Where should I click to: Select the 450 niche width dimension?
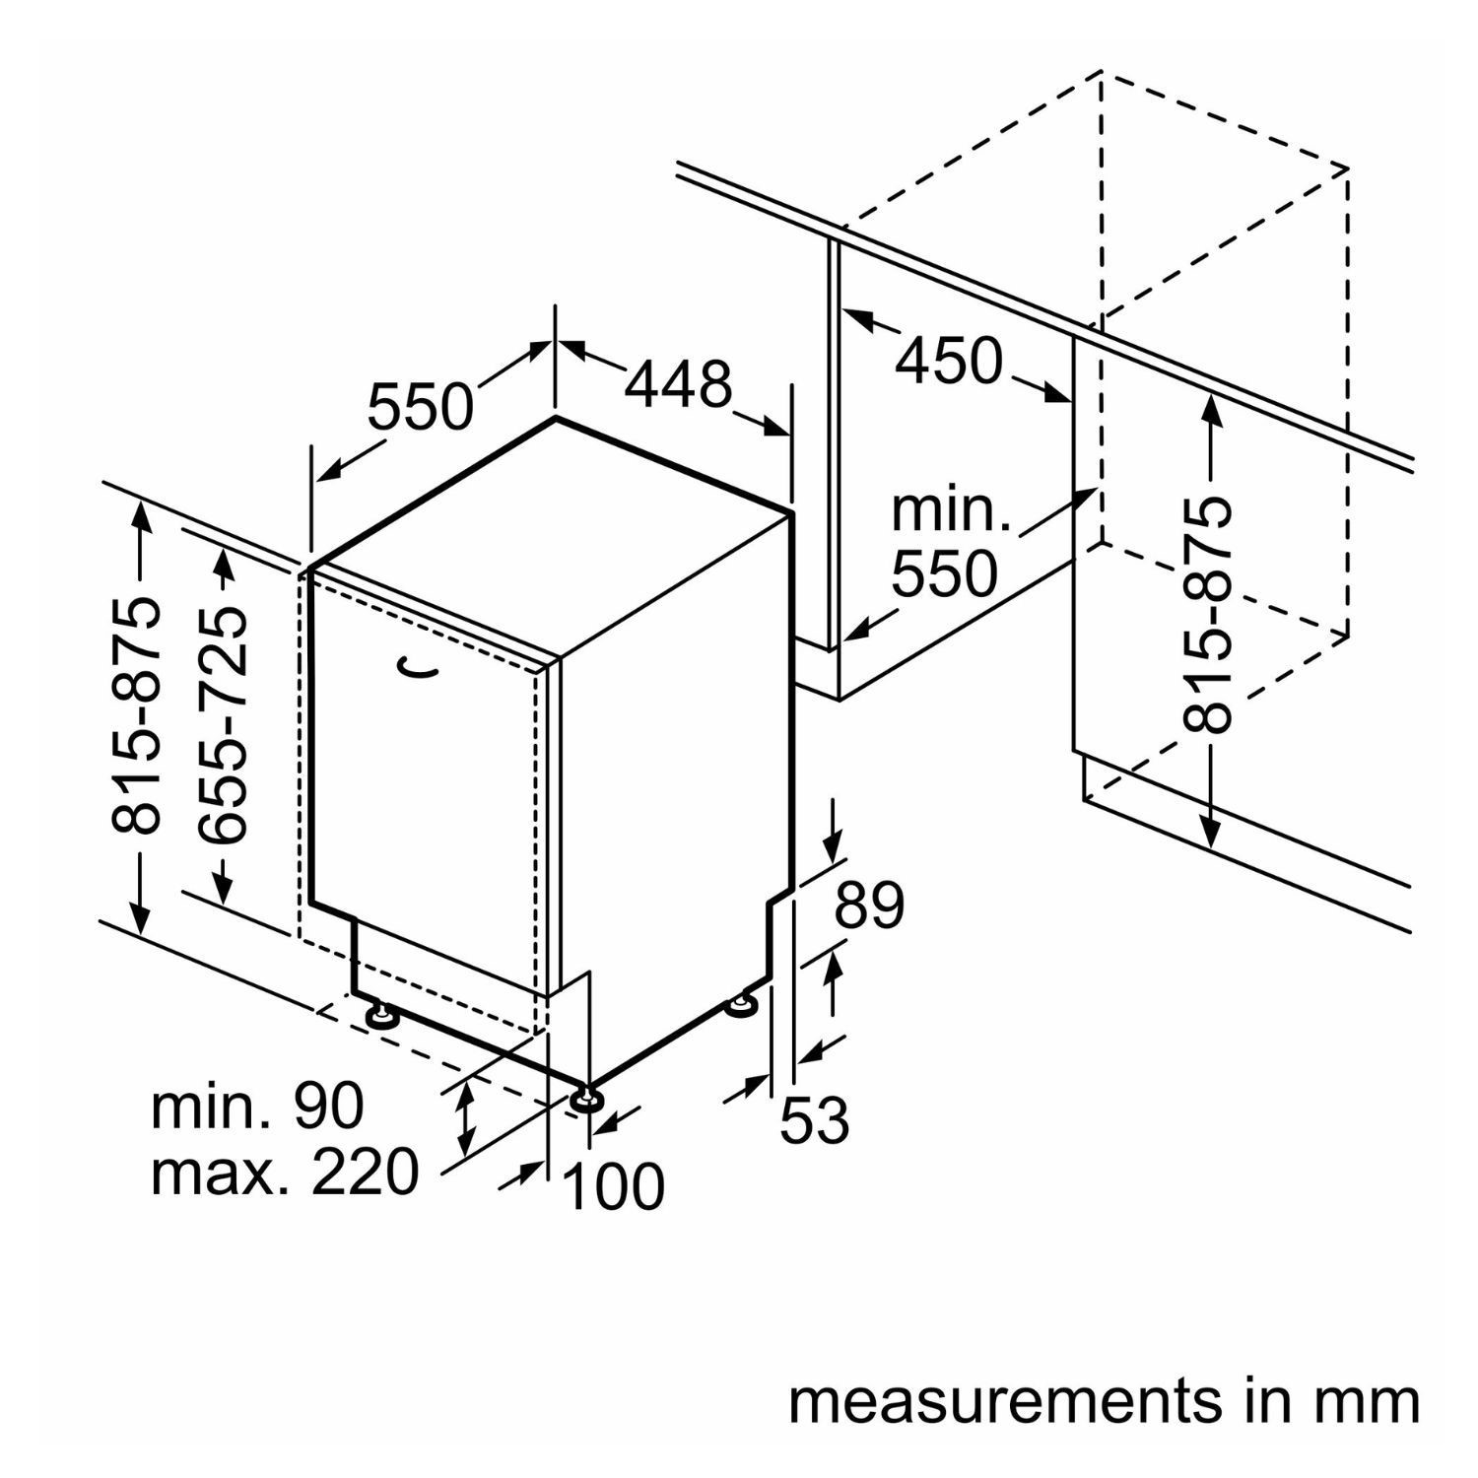(948, 362)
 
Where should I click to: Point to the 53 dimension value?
(815, 1121)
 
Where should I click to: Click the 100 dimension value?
(613, 1186)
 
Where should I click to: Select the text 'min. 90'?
(257, 1107)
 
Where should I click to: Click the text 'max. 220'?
(285, 1173)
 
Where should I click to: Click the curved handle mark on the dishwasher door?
(419, 669)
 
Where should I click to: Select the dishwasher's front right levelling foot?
(585, 1100)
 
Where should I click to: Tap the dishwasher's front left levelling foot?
(381, 1015)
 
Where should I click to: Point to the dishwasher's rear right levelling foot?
(742, 1005)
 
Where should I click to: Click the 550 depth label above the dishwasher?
(421, 407)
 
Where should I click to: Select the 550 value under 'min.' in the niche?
(944, 573)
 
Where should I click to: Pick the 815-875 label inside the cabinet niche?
(1208, 616)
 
